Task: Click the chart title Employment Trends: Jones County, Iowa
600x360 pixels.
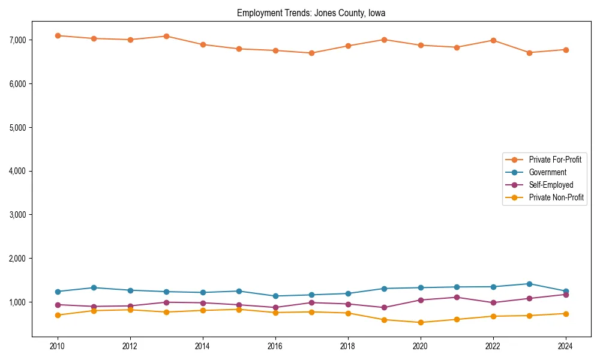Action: (x=311, y=13)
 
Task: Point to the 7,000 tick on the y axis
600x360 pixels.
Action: (x=17, y=40)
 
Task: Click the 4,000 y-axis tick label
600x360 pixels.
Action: (x=17, y=171)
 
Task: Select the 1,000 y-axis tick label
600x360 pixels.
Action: (x=17, y=302)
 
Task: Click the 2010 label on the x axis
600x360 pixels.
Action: (x=58, y=346)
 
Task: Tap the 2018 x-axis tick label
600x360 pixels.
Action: (x=347, y=346)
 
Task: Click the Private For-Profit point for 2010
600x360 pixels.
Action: (x=58, y=35)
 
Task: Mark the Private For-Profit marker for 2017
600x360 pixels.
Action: (x=311, y=53)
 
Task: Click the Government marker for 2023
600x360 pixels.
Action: (x=529, y=284)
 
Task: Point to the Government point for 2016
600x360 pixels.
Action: (x=275, y=296)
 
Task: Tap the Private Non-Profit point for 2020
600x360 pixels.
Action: (x=420, y=322)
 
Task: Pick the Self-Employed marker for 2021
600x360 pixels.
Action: (x=457, y=297)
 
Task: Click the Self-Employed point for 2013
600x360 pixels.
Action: (x=166, y=302)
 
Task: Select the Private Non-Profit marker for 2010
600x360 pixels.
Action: (x=58, y=315)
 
